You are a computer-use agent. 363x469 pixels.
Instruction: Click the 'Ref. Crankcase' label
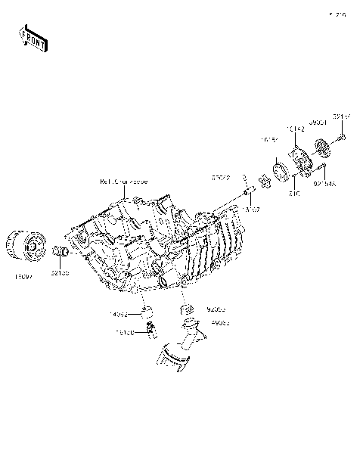tap(124, 182)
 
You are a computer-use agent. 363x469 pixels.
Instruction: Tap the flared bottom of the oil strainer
tap(178, 360)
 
